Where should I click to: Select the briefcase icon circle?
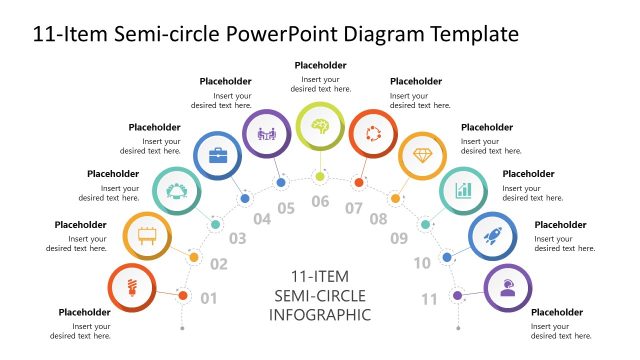[216, 155]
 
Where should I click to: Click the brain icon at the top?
[320, 126]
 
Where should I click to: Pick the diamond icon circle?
[422, 156]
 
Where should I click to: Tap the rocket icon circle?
[492, 237]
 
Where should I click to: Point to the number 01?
[209, 298]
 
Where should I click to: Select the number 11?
[430, 298]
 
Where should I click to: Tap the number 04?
[262, 219]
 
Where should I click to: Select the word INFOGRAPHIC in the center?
[320, 315]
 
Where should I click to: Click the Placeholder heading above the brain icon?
[320, 65]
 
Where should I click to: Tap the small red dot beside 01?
[183, 295]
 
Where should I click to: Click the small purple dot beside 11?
[457, 295]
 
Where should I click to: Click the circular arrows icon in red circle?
[372, 133]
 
